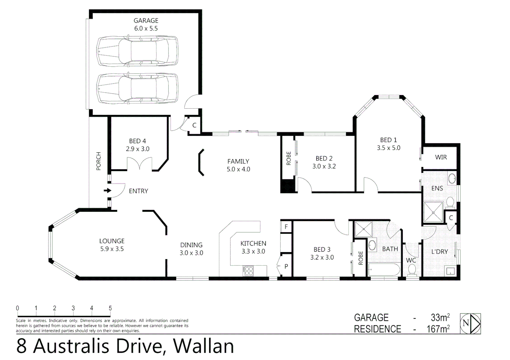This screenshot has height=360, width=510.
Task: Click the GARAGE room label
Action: (146, 21)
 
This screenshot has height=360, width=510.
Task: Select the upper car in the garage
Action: (137, 51)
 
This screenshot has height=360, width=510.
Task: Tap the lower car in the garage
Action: (137, 88)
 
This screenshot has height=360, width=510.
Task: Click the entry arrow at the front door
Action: (107, 191)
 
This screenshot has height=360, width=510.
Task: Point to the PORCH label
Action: (98, 161)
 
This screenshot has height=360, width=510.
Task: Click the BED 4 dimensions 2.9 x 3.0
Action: (137, 149)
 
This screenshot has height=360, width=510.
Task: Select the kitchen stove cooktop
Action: (248, 271)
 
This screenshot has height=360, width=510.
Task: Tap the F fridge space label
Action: (286, 227)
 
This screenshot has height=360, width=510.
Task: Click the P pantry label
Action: (286, 266)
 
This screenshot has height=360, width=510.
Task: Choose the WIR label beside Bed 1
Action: (441, 157)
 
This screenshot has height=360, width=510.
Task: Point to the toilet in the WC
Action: (412, 269)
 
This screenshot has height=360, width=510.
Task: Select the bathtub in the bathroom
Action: (384, 269)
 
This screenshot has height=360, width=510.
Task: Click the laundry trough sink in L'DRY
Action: (450, 271)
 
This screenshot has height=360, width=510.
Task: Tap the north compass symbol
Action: (470, 323)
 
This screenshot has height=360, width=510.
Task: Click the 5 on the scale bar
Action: (110, 308)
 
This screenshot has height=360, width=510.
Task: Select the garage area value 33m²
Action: (440, 318)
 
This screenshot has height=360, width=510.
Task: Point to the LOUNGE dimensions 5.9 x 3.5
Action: (112, 249)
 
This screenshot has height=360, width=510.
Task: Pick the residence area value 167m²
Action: (438, 329)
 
